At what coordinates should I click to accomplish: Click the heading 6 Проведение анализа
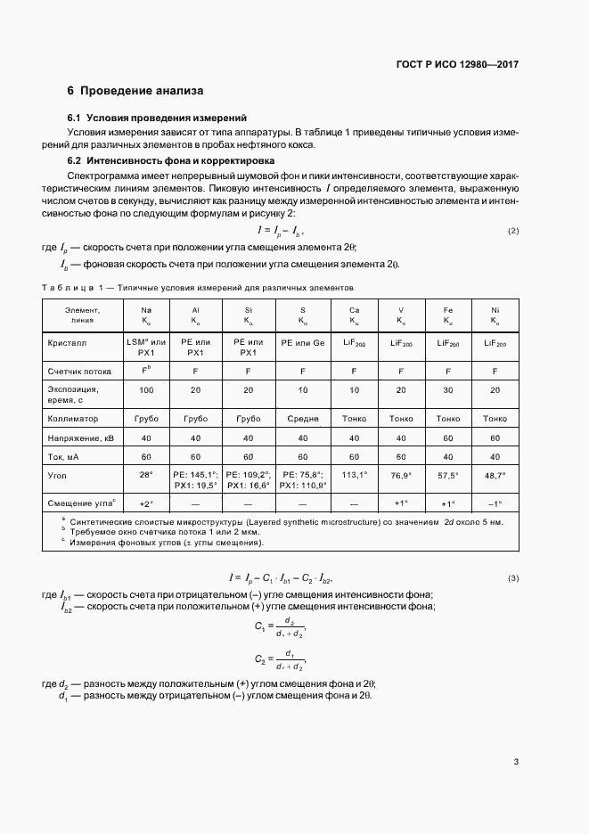pyautogui.click(x=135, y=91)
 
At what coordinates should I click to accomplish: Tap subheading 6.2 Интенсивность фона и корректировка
pyautogui.click(x=171, y=160)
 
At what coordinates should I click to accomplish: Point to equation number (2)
pyautogui.click(x=513, y=232)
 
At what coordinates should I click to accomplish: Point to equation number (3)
pyautogui.click(x=513, y=578)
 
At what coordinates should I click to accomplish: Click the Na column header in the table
pyautogui.click(x=145, y=315)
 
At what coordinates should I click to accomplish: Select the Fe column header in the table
pyautogui.click(x=448, y=315)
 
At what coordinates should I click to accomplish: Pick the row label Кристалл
pyautogui.click(x=67, y=342)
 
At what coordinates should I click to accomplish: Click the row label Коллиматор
pyautogui.click(x=73, y=417)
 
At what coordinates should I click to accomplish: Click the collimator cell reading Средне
pyautogui.click(x=303, y=417)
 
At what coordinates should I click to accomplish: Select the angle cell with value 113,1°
pyautogui.click(x=355, y=475)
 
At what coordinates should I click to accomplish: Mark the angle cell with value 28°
pyautogui.click(x=145, y=475)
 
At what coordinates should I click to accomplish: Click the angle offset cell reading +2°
pyautogui.click(x=145, y=503)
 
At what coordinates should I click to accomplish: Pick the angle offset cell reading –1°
pyautogui.click(x=495, y=503)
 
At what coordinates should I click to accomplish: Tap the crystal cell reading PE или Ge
pyautogui.click(x=303, y=342)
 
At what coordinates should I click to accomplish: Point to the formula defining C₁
pyautogui.click(x=280, y=627)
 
